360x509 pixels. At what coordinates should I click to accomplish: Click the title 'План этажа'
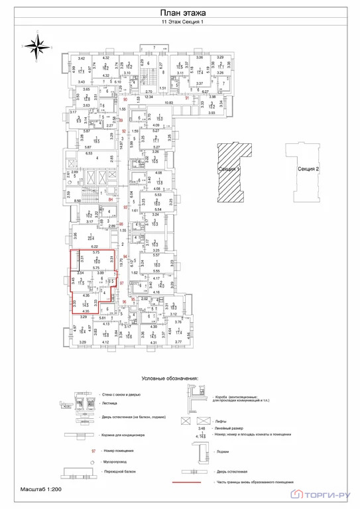point(180,13)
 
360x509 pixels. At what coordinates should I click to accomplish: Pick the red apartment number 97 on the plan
point(121,283)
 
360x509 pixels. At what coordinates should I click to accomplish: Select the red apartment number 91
point(188,98)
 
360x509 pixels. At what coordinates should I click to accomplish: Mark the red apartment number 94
point(124,256)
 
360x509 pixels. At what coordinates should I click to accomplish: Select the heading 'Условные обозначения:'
point(170,378)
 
